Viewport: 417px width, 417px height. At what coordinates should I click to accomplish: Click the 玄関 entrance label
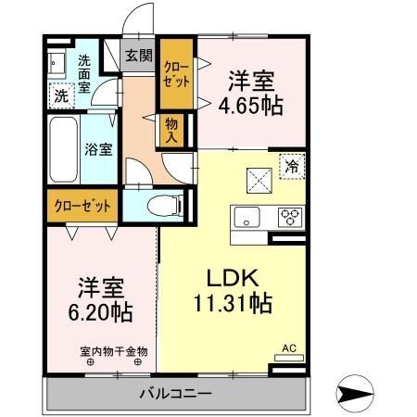[139, 57]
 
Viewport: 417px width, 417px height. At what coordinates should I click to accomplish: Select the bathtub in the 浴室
[63, 149]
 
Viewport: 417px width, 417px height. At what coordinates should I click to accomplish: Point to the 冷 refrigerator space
[292, 167]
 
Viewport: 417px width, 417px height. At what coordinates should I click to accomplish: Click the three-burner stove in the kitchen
[290, 217]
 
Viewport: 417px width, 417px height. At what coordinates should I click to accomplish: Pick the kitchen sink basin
[246, 217]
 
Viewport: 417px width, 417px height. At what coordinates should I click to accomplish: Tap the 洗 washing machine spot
[62, 95]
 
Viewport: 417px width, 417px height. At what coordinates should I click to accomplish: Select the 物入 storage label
[171, 131]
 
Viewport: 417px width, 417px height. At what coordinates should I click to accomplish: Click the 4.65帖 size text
[250, 106]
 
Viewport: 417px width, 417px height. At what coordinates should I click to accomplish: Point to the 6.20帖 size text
[100, 312]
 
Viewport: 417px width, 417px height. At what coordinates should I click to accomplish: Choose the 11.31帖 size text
[233, 304]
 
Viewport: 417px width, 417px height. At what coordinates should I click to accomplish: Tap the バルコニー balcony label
[175, 394]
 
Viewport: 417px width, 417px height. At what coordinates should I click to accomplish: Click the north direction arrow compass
[355, 393]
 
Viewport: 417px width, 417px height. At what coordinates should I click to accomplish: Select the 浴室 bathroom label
[98, 149]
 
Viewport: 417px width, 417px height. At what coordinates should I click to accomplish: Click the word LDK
[233, 278]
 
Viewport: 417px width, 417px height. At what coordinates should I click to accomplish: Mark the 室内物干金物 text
[114, 351]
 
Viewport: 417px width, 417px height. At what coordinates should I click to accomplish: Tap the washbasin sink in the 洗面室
[57, 63]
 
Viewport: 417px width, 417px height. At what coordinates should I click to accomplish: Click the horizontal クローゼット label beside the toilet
[82, 206]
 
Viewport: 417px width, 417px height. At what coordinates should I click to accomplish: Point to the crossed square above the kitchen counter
[259, 181]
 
